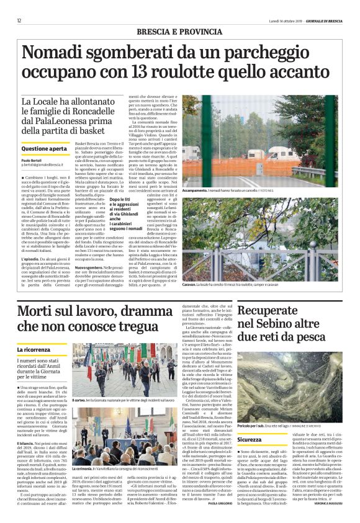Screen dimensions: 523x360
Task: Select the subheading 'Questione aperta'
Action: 44,149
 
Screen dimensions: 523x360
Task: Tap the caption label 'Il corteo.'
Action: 81,401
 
